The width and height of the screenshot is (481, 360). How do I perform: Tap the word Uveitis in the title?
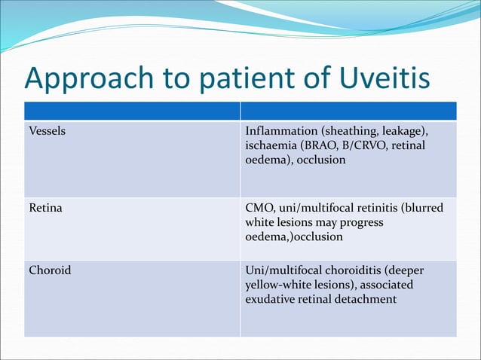point(381,78)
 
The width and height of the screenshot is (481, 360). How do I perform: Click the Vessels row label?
point(47,131)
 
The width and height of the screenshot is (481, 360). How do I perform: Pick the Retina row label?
point(45,208)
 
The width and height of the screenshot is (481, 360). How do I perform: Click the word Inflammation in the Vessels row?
point(282,131)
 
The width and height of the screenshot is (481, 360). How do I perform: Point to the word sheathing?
point(353,132)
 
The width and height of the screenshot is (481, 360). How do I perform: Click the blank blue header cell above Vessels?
point(132,111)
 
